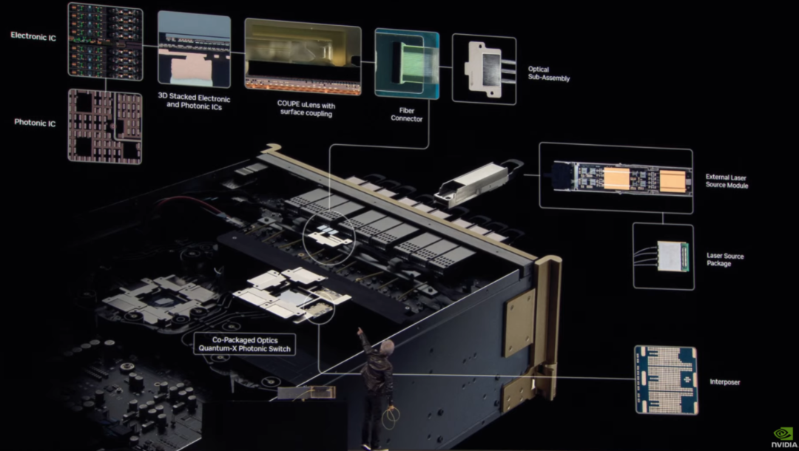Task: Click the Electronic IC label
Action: click(x=33, y=36)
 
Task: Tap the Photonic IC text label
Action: click(x=35, y=123)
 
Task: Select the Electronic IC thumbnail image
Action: click(x=106, y=41)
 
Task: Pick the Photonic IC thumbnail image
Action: click(x=105, y=126)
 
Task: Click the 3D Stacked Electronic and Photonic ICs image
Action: click(x=194, y=49)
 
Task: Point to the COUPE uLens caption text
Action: click(x=306, y=109)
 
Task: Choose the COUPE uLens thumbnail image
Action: click(x=303, y=56)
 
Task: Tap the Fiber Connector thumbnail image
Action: click(x=407, y=63)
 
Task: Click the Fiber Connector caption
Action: click(x=407, y=115)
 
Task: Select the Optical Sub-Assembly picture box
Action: click(x=484, y=69)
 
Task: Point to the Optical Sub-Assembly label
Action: click(x=549, y=74)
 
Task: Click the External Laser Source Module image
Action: click(x=616, y=177)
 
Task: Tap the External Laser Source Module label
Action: click(x=726, y=181)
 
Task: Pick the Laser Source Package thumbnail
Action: click(x=664, y=256)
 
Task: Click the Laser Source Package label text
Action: click(x=725, y=260)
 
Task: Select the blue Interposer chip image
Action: click(x=666, y=380)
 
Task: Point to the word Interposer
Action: click(x=724, y=382)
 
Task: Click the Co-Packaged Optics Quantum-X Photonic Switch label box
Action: click(x=245, y=344)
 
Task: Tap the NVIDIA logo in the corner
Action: click(x=783, y=438)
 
